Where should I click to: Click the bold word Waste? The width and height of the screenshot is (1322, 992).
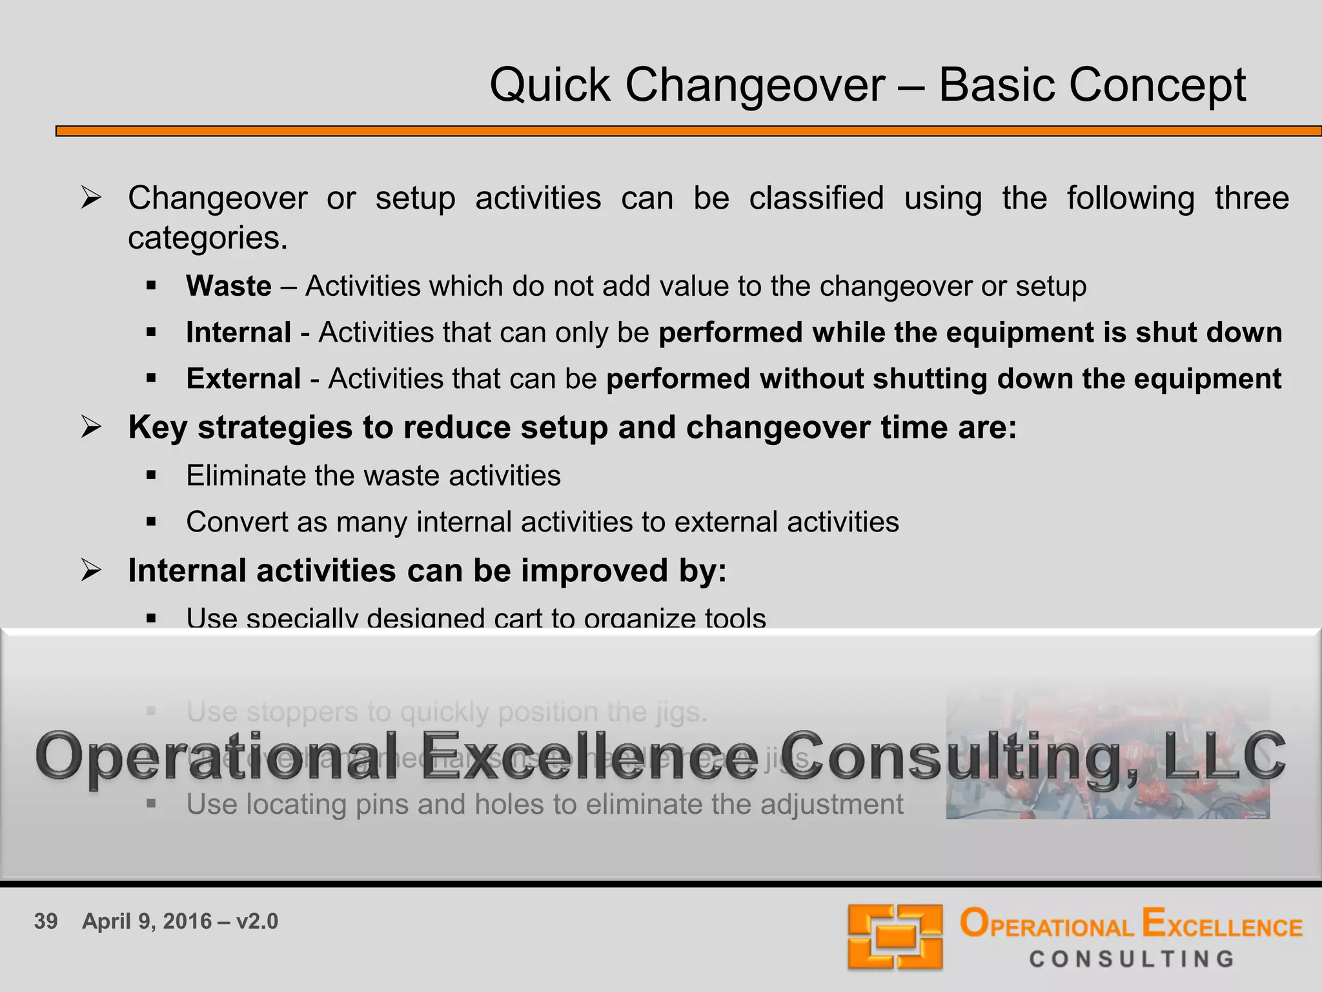tap(229, 286)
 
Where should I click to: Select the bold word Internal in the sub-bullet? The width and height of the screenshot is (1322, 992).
tap(238, 333)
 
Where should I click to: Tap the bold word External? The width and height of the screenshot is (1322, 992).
tap(243, 379)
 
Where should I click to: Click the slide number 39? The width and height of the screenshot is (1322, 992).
tap(46, 922)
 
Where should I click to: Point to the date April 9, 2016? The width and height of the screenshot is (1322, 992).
tap(147, 922)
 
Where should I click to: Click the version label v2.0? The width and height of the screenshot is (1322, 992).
tap(257, 922)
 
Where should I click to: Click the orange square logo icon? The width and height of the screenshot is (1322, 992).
tap(895, 936)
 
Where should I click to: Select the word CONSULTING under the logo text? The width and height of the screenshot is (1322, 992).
tap(1132, 959)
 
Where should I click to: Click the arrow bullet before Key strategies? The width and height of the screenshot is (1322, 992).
tap(91, 428)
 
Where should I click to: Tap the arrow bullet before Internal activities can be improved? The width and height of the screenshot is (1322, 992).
tap(91, 571)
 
